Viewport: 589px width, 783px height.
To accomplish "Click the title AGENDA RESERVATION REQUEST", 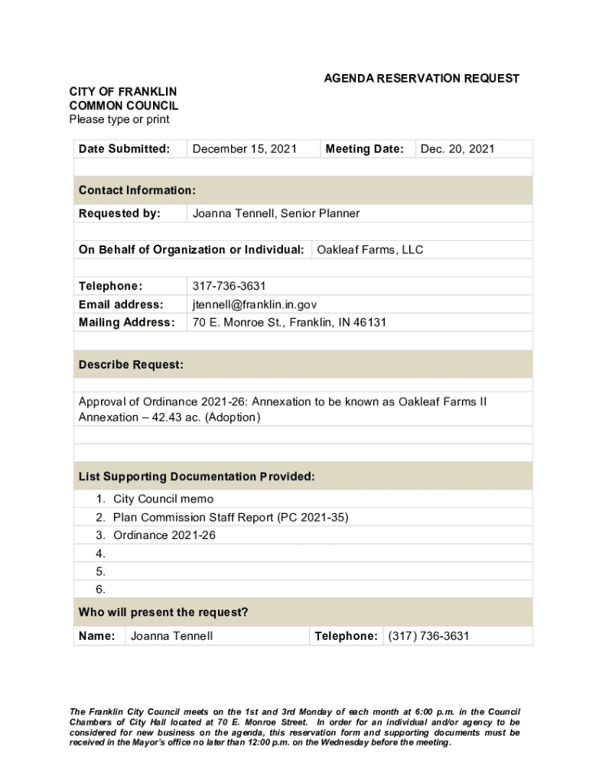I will [x=421, y=79].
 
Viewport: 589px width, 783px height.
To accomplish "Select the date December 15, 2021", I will [x=244, y=149].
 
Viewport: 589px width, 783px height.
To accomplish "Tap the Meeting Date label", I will [x=364, y=149].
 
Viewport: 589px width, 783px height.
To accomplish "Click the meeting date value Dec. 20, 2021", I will [x=457, y=149].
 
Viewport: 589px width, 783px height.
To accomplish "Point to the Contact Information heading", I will [x=137, y=190].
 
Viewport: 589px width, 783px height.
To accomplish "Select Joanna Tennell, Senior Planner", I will [x=275, y=213].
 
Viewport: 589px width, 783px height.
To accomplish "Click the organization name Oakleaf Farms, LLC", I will [x=369, y=250].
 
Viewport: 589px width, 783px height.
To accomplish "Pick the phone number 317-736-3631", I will [x=229, y=286].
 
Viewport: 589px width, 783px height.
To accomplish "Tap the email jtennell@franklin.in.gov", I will [x=254, y=304].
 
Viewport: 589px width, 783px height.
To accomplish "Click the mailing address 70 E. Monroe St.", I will [x=237, y=323].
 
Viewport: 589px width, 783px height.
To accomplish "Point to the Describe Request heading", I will [x=131, y=366].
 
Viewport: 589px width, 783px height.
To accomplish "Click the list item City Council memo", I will [x=163, y=499].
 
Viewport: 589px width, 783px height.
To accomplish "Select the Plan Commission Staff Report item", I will [x=230, y=518].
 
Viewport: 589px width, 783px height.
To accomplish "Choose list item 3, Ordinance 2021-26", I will [x=164, y=536].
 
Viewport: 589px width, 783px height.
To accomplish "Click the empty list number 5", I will [x=100, y=572].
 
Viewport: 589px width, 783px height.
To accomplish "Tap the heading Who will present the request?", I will [x=163, y=612].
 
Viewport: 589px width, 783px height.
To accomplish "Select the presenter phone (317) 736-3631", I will [x=428, y=636].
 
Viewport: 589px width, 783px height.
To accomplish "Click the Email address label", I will [x=121, y=304].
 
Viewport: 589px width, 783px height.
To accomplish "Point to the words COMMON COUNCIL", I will [x=123, y=106].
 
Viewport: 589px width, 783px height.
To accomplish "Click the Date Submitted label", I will [x=124, y=149].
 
